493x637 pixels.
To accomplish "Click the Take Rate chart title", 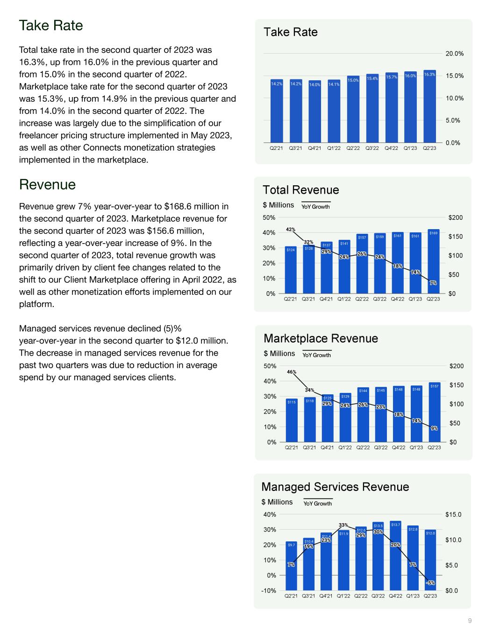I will (291, 32).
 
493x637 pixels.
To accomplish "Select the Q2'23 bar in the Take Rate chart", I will (429, 107).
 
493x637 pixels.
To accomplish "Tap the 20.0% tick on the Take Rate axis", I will (454, 54).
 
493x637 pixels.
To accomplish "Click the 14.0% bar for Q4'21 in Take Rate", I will (314, 112).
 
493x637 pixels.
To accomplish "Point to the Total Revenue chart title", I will (301, 190).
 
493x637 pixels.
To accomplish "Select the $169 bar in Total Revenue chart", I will (433, 261).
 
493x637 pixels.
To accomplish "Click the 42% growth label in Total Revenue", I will (291, 229).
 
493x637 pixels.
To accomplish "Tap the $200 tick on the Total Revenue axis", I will (455, 218).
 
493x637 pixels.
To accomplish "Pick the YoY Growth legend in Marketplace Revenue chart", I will (316, 355).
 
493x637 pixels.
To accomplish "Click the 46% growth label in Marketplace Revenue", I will (292, 372).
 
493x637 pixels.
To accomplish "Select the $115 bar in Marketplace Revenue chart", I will (292, 420).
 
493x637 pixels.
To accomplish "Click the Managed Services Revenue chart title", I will (335, 487).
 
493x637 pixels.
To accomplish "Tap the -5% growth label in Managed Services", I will (430, 583).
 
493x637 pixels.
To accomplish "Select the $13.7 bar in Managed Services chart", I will (395, 555).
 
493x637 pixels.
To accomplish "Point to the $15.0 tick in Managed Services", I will (453, 515).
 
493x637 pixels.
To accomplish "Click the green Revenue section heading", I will (47, 185).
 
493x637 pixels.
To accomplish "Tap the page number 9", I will (470, 621).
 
